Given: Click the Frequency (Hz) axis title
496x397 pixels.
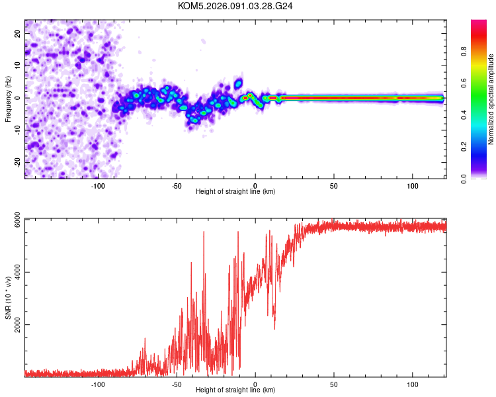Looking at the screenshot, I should tap(8, 99).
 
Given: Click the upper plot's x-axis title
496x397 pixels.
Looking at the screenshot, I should tap(235, 191).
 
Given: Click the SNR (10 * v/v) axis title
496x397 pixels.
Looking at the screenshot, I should tap(8, 297).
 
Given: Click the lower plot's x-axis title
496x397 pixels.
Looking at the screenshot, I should tap(235, 390).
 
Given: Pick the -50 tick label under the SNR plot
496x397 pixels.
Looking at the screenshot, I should tap(177, 383).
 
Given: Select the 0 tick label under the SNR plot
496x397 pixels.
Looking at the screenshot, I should tap(255, 383).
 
